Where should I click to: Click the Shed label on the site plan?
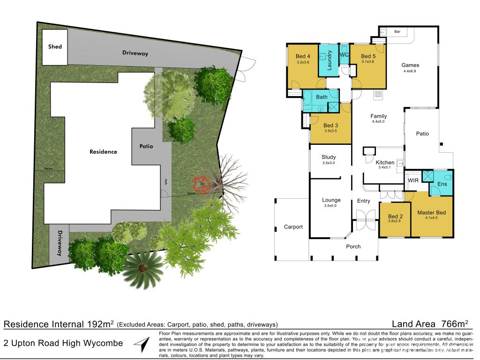point(55,47)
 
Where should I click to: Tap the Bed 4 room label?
point(303,56)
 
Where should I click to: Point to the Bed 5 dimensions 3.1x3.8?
point(367,62)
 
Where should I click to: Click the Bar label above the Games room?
point(397,32)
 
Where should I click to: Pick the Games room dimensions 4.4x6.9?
point(410,71)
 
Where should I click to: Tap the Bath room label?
point(322,97)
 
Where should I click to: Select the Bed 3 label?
point(330,126)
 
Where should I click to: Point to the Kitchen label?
point(385,162)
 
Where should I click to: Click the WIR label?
point(413,180)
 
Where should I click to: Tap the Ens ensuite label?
point(442,184)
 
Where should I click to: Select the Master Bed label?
point(431,213)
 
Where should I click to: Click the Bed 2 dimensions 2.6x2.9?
point(395,221)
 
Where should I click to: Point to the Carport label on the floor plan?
point(293,227)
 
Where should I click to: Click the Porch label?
point(353,247)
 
